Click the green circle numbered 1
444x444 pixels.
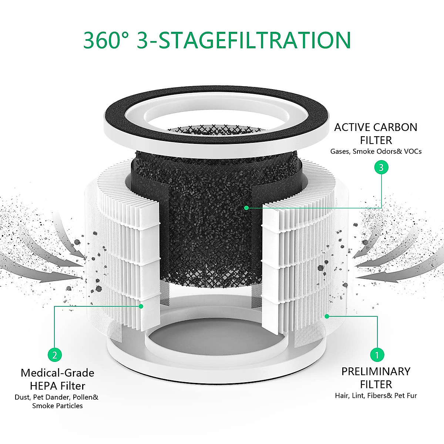click(x=377, y=355)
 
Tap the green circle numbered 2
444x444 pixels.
click(x=55, y=355)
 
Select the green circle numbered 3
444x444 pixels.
click(x=381, y=168)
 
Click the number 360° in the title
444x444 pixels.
click(x=105, y=40)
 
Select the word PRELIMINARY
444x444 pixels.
click(x=376, y=371)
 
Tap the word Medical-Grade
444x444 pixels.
click(x=57, y=373)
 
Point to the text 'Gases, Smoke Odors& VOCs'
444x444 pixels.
click(x=376, y=151)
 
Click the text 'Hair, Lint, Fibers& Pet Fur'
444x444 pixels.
click(x=376, y=396)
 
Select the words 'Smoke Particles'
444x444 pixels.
click(x=57, y=406)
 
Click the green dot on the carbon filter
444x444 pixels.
click(x=246, y=208)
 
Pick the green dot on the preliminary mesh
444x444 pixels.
click(x=327, y=316)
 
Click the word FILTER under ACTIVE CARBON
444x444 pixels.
click(x=376, y=140)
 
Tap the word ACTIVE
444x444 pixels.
click(x=351, y=127)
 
